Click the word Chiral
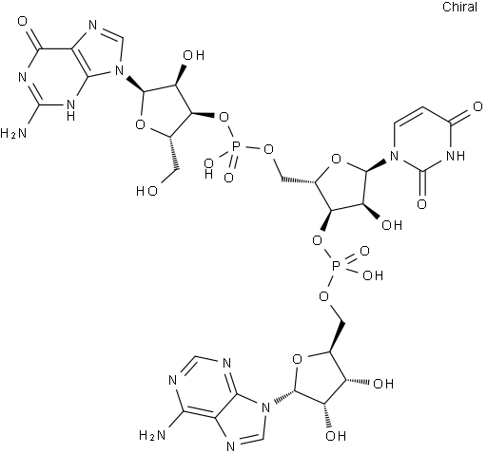[x=459, y=7]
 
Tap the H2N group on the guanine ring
[x=13, y=134]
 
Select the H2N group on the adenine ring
[x=152, y=436]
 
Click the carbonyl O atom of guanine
[x=23, y=22]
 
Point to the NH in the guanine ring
[x=71, y=109]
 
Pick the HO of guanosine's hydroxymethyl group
[x=146, y=191]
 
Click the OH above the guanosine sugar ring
[x=194, y=55]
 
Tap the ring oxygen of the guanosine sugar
[x=140, y=124]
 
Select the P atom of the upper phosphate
[x=236, y=147]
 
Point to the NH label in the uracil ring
[x=456, y=156]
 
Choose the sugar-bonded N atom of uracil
[x=394, y=156]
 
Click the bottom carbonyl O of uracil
[x=421, y=204]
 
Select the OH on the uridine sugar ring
[x=392, y=225]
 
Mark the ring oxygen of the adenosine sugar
[x=298, y=360]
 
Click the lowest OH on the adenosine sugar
[x=336, y=436]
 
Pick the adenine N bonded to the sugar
[x=266, y=407]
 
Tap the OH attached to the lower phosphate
[x=373, y=275]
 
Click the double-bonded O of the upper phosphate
[x=228, y=178]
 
